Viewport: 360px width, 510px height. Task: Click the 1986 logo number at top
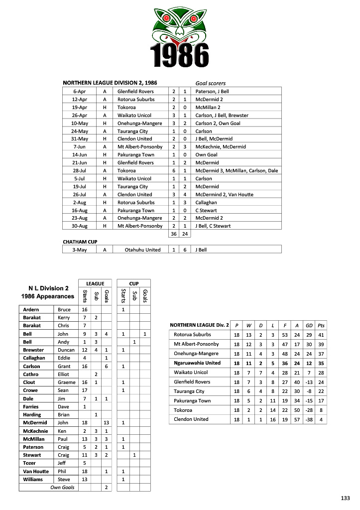pos(179,55)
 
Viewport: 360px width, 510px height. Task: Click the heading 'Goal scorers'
pos(211,84)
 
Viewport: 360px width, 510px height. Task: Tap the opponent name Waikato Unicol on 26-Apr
pos(134,115)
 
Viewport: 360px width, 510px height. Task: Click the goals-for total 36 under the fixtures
pos(173,234)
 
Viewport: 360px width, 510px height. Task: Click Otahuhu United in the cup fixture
pos(142,250)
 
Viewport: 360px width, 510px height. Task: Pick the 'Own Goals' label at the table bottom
pos(62,487)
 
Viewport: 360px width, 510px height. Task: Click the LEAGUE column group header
pos(95,284)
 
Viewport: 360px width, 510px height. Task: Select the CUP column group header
pos(134,284)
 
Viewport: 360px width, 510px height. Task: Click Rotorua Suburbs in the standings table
pos(192,335)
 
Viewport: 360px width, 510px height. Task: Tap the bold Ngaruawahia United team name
pos(197,363)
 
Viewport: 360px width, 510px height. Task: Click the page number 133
pos(346,498)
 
